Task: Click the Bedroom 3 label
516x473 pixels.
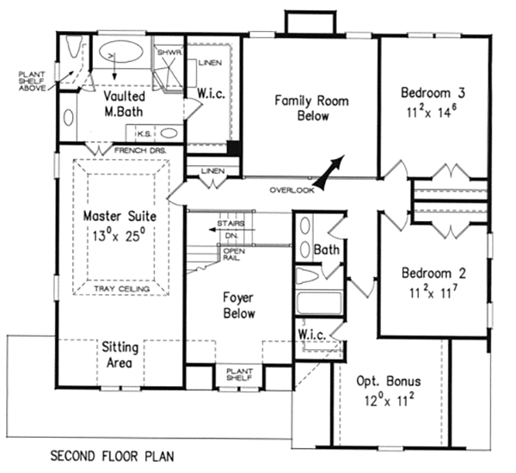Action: click(433, 93)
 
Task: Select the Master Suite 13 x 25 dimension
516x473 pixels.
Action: click(119, 235)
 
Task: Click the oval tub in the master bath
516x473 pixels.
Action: click(121, 52)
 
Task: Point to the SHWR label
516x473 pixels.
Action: click(169, 52)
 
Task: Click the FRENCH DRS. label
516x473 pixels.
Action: click(140, 150)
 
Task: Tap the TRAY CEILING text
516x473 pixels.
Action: click(122, 289)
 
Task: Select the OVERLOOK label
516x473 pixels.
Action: click(292, 190)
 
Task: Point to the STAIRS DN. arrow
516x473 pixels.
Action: click(232, 230)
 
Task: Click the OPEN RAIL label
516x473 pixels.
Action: click(234, 254)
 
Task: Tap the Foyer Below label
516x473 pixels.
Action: click(239, 305)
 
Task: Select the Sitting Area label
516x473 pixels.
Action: click(120, 355)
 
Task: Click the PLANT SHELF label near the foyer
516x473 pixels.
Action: click(239, 374)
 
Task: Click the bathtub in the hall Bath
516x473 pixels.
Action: click(319, 303)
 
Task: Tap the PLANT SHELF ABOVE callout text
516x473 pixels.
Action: click(32, 82)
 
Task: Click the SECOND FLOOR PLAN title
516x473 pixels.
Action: click(112, 456)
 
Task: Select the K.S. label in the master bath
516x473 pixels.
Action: click(144, 134)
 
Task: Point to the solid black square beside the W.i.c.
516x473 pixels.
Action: click(234, 147)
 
